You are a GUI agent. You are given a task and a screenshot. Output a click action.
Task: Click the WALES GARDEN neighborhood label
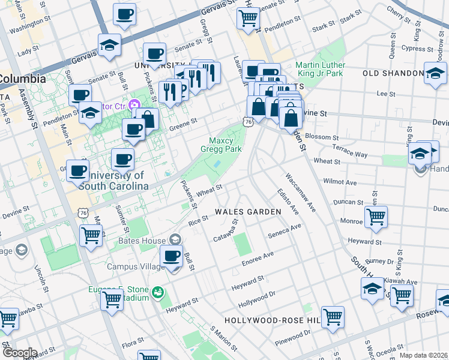click(x=248, y=212)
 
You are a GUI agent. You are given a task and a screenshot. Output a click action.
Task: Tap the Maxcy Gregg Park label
click(x=220, y=145)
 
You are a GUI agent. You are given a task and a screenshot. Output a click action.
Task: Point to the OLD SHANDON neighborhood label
click(x=393, y=73)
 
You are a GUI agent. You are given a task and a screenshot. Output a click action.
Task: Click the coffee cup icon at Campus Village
click(x=172, y=256)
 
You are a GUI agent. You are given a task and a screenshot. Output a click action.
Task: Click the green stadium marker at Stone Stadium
click(x=157, y=292)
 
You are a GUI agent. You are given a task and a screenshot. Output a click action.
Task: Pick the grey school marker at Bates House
click(x=175, y=239)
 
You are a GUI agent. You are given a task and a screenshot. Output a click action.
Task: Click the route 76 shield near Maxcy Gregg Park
click(x=248, y=122)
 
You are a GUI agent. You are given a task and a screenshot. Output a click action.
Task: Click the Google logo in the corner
click(x=19, y=353)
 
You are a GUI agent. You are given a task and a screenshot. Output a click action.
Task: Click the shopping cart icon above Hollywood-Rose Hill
click(x=332, y=316)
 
